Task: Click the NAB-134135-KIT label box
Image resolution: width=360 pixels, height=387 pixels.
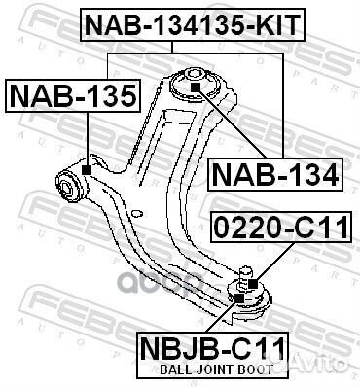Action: click(x=193, y=25)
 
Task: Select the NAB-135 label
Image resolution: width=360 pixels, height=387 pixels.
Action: click(x=73, y=96)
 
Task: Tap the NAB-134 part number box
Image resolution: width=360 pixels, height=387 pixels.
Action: click(x=275, y=174)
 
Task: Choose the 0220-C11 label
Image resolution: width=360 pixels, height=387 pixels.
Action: click(x=281, y=227)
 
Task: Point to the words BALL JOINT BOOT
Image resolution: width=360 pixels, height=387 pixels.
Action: click(x=217, y=369)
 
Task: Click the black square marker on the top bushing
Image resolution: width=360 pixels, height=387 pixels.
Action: click(x=196, y=88)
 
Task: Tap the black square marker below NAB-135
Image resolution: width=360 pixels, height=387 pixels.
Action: click(x=87, y=169)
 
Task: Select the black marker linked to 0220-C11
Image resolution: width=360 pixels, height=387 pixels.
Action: click(x=253, y=284)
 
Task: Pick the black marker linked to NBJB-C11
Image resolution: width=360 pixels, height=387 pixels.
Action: click(x=239, y=299)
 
